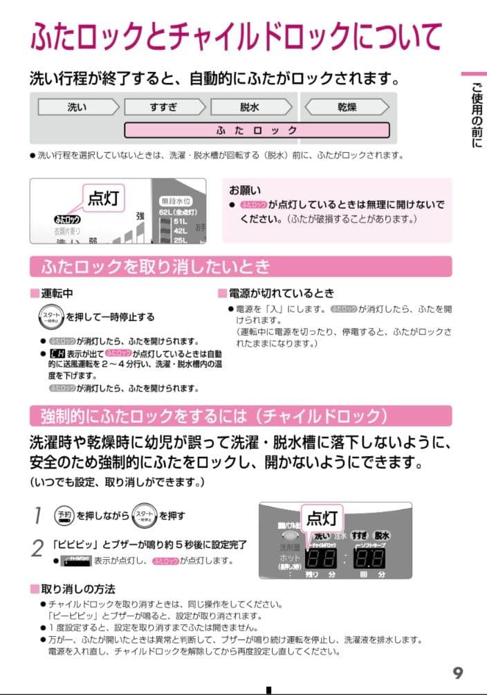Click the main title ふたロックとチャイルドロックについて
(x=235, y=35)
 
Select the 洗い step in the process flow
(x=77, y=107)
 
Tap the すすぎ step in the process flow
(x=163, y=107)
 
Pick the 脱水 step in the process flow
(x=250, y=107)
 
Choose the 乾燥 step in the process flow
(x=347, y=107)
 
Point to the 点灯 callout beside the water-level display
(x=104, y=199)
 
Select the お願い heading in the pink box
(x=245, y=190)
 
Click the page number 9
(x=458, y=672)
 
